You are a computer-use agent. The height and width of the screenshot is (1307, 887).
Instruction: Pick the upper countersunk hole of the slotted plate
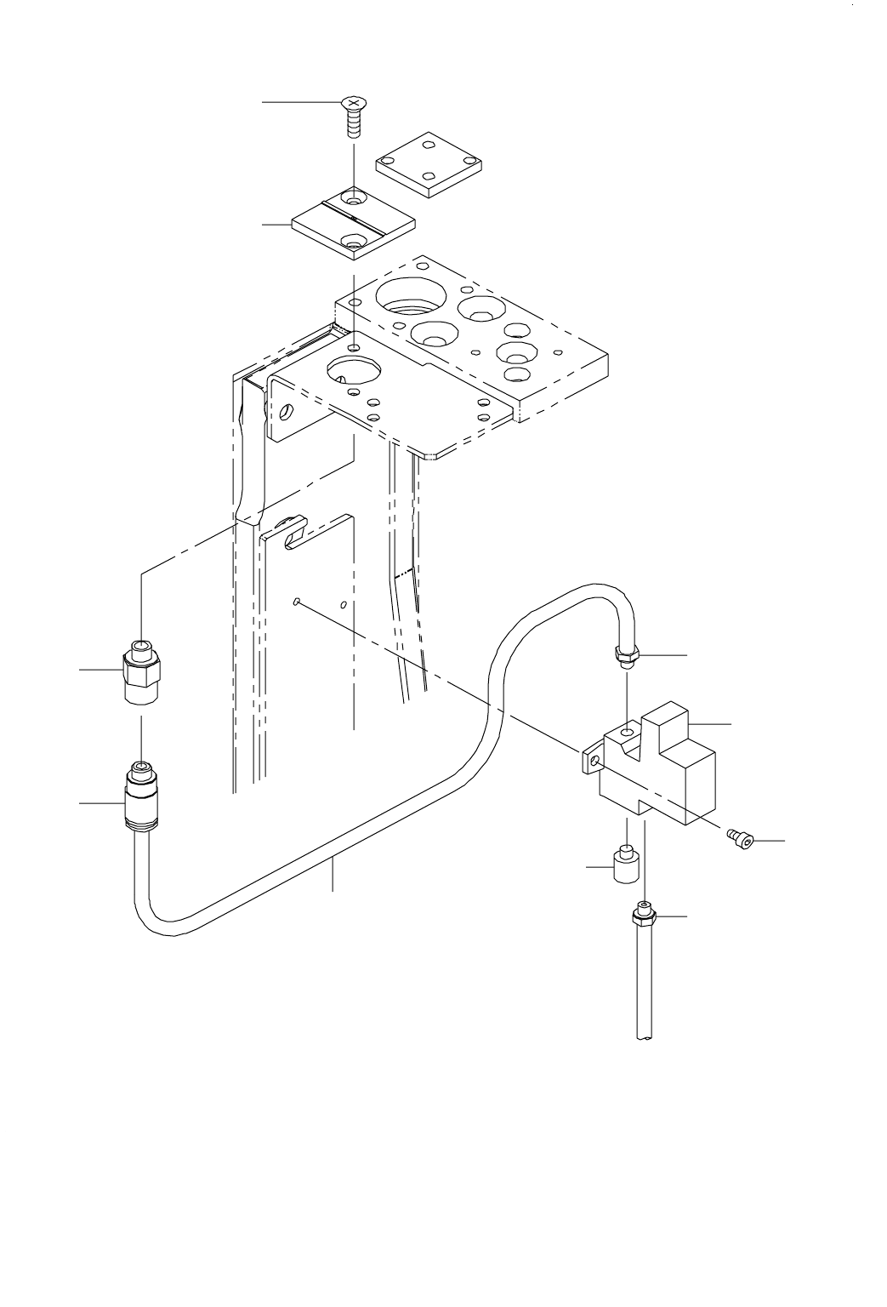[353, 201]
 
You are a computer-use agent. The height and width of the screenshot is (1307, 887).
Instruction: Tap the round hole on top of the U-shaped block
[628, 732]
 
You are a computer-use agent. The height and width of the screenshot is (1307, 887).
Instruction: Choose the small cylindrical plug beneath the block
[626, 867]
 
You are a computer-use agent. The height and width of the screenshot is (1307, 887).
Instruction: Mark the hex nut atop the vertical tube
[645, 917]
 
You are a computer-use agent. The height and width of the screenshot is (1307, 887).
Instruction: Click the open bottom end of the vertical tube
[645, 1037]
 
